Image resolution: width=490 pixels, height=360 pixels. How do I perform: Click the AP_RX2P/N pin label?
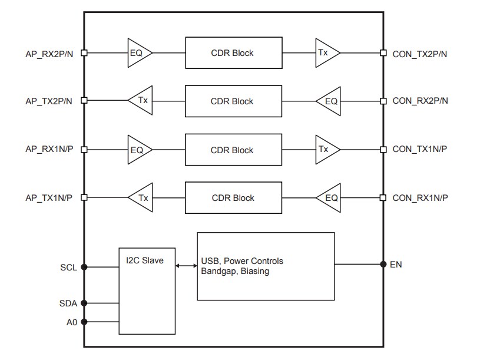tap(49, 53)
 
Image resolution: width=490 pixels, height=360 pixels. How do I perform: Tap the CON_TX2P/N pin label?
tap(420, 53)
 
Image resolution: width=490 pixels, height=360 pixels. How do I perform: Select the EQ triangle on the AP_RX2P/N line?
tap(138, 53)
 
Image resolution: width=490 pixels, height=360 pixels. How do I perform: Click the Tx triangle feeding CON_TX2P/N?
tap(326, 52)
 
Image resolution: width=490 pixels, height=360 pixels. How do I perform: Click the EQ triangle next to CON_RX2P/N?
tap(330, 101)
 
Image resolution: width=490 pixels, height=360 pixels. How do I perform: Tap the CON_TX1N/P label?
tap(419, 149)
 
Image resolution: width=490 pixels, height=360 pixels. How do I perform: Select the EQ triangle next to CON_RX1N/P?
tap(330, 198)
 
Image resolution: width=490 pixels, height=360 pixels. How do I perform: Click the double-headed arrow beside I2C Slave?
tap(186, 266)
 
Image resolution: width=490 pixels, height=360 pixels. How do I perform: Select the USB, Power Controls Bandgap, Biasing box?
tap(265, 266)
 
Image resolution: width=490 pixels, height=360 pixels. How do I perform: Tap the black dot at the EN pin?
tap(383, 264)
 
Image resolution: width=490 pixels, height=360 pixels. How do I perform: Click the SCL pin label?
tap(68, 267)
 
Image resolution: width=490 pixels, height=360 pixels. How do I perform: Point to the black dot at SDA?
tap(84, 303)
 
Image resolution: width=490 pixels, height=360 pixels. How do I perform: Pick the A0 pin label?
tap(71, 322)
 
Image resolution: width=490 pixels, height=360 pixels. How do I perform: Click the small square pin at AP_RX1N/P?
tap(84, 150)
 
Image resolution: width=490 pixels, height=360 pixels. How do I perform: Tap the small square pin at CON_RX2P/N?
tap(383, 101)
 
